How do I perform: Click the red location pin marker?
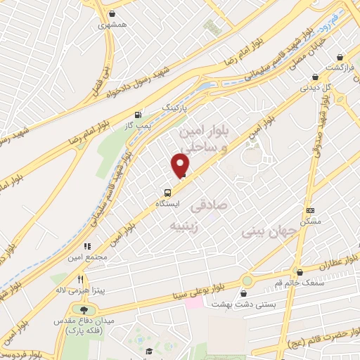181,165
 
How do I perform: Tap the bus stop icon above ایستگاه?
167,192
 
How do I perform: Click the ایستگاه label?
167,203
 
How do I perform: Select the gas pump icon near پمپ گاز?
138,114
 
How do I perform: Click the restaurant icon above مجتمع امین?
88,246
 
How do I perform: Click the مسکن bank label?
310,221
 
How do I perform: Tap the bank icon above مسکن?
310,210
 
